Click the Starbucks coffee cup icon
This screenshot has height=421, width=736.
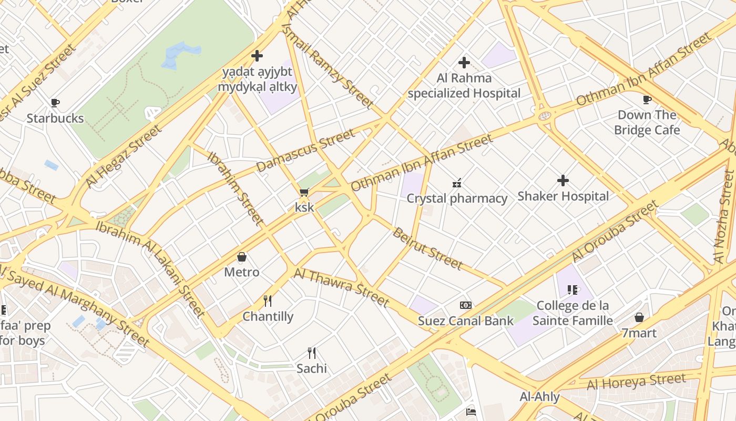point(55,103)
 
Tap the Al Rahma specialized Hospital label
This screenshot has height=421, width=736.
point(464,86)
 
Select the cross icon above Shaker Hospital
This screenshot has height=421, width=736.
point(563,181)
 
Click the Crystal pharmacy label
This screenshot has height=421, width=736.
point(457,198)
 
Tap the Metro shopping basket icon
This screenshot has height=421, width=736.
point(242,257)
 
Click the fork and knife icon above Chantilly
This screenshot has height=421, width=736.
point(268,301)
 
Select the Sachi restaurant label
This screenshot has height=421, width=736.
point(311,368)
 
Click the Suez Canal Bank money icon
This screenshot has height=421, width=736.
point(465,305)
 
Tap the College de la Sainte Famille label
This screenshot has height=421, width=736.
point(573,313)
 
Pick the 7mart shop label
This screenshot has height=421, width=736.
point(639,333)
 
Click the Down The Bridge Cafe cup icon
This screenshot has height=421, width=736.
point(647,99)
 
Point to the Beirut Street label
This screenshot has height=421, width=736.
point(427,249)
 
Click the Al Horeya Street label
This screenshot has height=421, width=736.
point(636,382)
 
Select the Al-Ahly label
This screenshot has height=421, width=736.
point(539,397)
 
